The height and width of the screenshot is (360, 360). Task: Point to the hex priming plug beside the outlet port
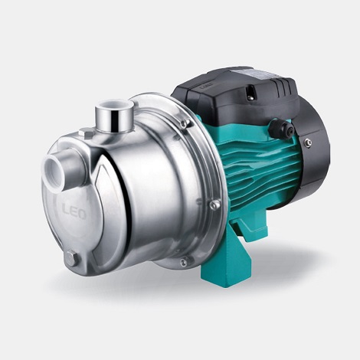(87, 133)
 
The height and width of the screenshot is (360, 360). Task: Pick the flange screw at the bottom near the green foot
(183, 262)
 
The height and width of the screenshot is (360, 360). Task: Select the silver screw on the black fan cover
(308, 142)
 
